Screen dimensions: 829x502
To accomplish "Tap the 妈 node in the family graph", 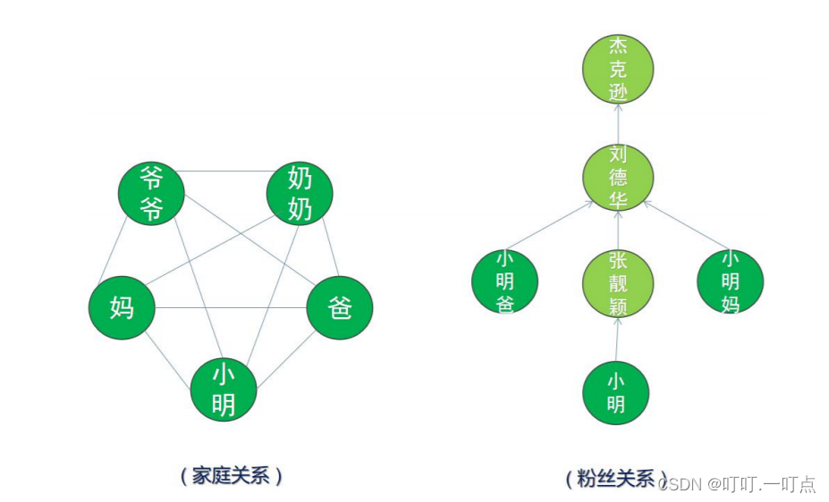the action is coord(122,307).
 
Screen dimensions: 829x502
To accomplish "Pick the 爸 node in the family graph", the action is coord(339,307).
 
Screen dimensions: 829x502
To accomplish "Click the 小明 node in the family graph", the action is coord(224,389).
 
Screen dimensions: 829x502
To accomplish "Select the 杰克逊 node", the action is coord(618,68).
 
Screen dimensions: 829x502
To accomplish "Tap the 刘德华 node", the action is coord(618,177).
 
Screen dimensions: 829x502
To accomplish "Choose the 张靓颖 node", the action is coord(618,283).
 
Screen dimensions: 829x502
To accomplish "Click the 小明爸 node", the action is coord(505,281).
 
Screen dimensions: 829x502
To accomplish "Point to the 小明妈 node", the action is coord(730,281).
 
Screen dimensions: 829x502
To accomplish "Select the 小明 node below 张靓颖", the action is coord(615,392).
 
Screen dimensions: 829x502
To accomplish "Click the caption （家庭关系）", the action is coord(231,475).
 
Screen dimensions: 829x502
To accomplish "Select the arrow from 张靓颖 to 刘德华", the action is coord(618,230).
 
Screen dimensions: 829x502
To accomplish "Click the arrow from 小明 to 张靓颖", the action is coord(617,338).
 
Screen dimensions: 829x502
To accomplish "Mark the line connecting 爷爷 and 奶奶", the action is coord(225,171).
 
